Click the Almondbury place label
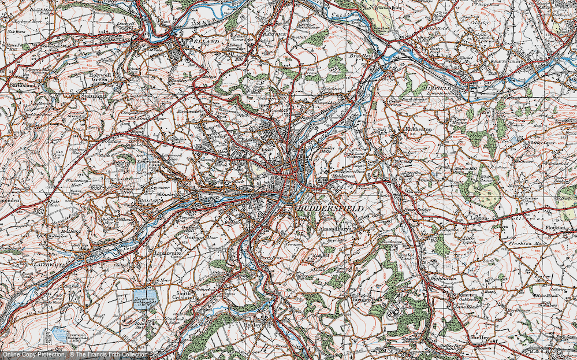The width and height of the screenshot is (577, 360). coord(333,229)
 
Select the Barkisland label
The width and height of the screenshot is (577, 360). coord(23,85)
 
